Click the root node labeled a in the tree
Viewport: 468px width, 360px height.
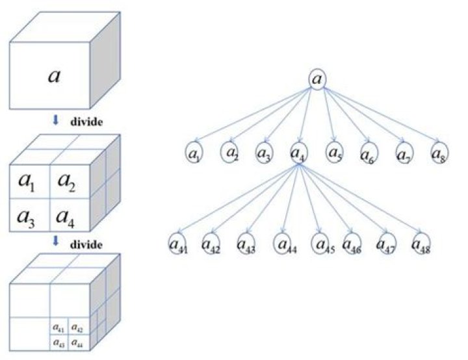[x=317, y=79]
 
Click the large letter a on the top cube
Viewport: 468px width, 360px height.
[x=56, y=75]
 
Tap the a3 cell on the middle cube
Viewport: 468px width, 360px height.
[x=27, y=215]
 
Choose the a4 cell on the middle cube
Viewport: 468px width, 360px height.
[x=67, y=215]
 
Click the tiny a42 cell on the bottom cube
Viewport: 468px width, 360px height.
[x=76, y=328]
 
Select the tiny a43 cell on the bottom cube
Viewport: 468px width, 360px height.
[x=58, y=341]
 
